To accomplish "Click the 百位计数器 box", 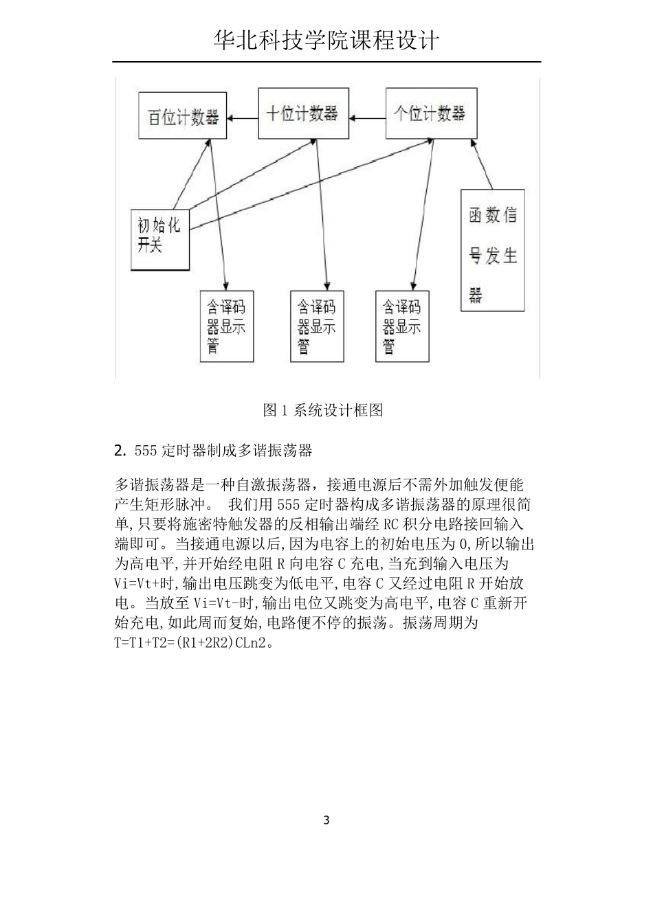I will click(182, 117).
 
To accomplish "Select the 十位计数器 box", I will click(302, 113).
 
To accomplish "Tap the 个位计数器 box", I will click(430, 113).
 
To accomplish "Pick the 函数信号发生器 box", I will click(492, 249).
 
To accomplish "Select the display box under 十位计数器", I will click(317, 326).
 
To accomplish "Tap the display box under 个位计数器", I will click(403, 326).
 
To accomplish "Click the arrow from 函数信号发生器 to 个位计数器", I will click(482, 164).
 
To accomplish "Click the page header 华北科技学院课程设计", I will click(326, 41).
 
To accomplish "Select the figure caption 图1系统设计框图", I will click(323, 411).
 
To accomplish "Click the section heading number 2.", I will click(120, 451).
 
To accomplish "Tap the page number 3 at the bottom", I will click(326, 820).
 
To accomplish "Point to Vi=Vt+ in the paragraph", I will click(146, 584).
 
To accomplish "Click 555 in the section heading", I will click(146, 451).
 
